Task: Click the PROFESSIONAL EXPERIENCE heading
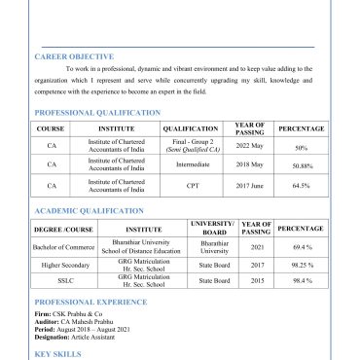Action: (x=91, y=303)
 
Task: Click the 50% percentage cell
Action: (x=301, y=148)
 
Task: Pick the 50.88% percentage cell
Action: (x=301, y=165)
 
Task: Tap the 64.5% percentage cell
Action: (x=301, y=185)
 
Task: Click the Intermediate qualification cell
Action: (x=190, y=165)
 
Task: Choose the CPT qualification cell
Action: (x=190, y=185)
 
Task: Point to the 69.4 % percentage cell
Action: (x=301, y=247)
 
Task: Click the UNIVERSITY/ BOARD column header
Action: (x=213, y=229)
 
